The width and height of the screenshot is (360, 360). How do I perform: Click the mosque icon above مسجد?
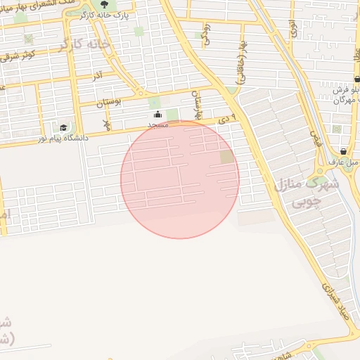point(157,115)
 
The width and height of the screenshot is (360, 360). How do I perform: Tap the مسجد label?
point(157,124)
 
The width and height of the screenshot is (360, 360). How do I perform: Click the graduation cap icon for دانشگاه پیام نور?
point(63,128)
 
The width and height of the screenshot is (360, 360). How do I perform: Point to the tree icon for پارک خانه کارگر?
point(104,4)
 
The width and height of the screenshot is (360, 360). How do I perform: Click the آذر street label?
point(98,73)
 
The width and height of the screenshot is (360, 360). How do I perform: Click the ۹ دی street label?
point(235,117)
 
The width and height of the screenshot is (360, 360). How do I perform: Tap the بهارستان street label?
point(199,106)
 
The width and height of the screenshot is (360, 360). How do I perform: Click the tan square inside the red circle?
point(226,157)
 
